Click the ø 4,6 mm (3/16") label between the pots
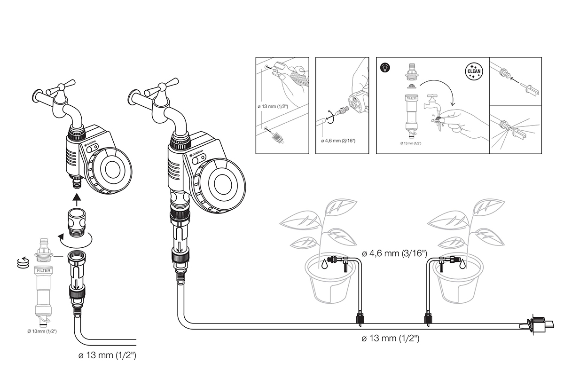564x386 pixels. pos(394,254)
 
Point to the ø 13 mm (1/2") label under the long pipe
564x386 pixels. pos(391,338)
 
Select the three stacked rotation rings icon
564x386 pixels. pos(21,263)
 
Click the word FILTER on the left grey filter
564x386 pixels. pos(43,271)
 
